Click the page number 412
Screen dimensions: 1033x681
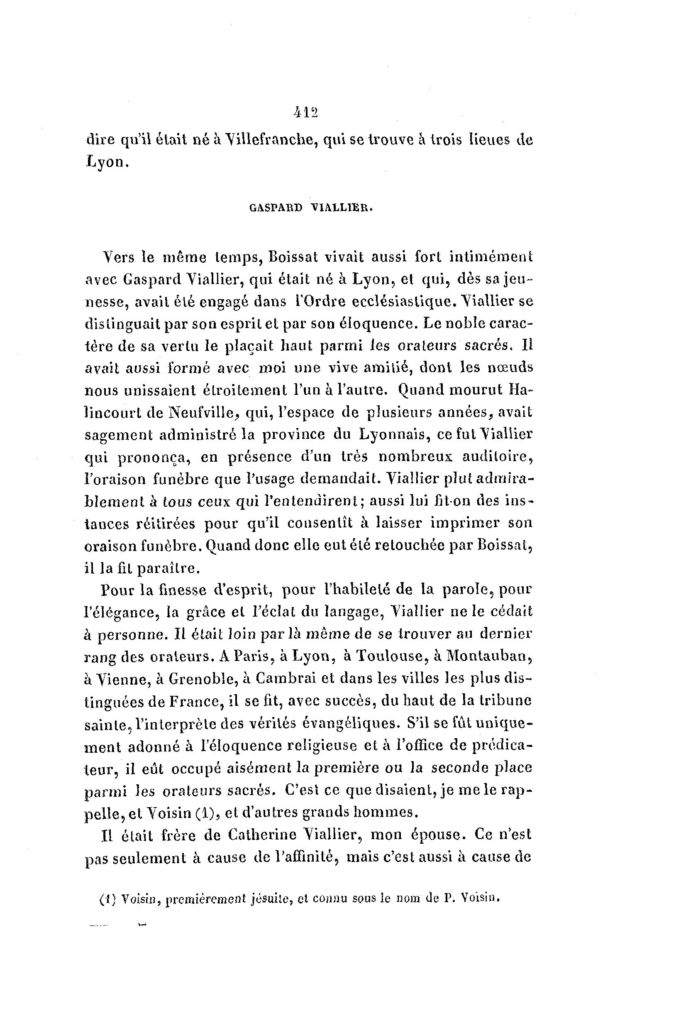click(306, 113)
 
